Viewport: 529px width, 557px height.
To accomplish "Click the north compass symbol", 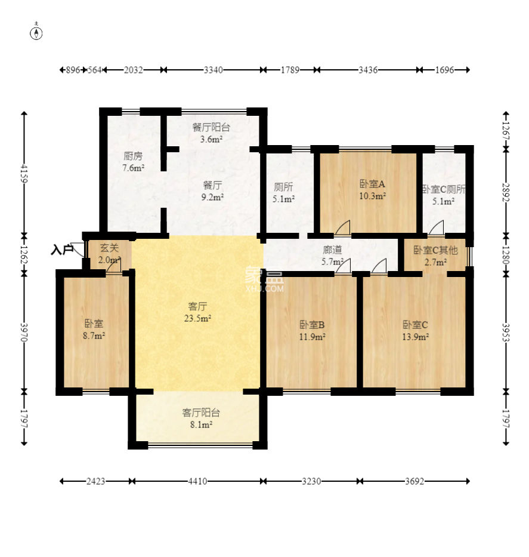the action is tap(36, 33).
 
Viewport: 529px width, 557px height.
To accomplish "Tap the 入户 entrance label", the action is tap(62, 250).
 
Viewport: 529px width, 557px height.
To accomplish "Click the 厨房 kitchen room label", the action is tap(133, 156).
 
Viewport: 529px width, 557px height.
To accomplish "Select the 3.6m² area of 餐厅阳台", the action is tap(212, 139).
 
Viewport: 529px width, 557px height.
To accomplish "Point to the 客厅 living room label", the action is tap(197, 306).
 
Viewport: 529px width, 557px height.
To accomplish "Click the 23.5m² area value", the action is tap(197, 318).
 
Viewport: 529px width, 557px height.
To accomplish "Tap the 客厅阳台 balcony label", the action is tap(201, 413).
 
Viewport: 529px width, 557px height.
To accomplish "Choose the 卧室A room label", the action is tap(372, 184).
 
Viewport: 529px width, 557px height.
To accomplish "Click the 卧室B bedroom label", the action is tap(312, 324).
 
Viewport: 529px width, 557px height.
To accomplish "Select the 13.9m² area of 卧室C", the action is tap(415, 336).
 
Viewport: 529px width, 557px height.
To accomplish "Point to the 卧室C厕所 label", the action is tap(444, 189).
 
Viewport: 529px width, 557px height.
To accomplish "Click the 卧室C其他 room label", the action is tap(436, 250).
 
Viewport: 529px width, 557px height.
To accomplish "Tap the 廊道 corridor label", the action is tap(332, 250).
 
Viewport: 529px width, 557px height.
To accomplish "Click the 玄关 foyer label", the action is tap(109, 248).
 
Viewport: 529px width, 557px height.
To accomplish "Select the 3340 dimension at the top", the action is tap(214, 70).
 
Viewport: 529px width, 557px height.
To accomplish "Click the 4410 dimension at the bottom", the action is tap(197, 481).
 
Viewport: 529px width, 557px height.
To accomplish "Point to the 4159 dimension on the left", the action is tap(24, 173).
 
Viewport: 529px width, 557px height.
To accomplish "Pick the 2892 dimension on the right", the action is tap(506, 193).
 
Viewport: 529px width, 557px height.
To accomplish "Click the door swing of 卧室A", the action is tap(343, 227).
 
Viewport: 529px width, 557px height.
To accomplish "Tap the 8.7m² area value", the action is tap(94, 336).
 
